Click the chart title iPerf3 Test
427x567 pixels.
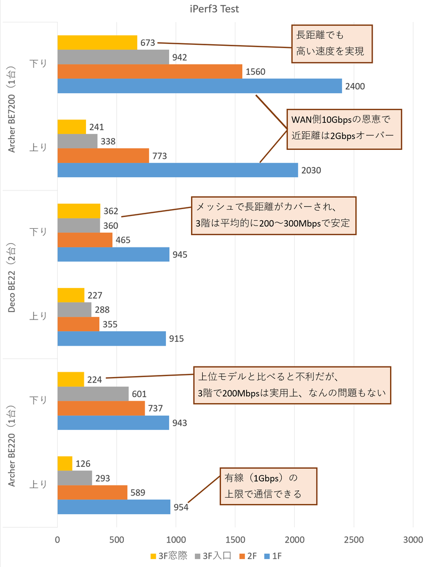[x=213, y=9]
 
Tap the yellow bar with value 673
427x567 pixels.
[x=97, y=42]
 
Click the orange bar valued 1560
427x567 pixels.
[x=149, y=71]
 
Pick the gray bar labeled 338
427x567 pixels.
[x=77, y=141]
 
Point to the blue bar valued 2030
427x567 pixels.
[x=177, y=170]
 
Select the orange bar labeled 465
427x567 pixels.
[x=85, y=240]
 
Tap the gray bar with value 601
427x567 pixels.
[x=93, y=394]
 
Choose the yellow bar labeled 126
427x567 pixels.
[x=65, y=464]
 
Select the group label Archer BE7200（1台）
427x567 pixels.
[x=12, y=106]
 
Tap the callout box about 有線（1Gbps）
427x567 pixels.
[x=268, y=486]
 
